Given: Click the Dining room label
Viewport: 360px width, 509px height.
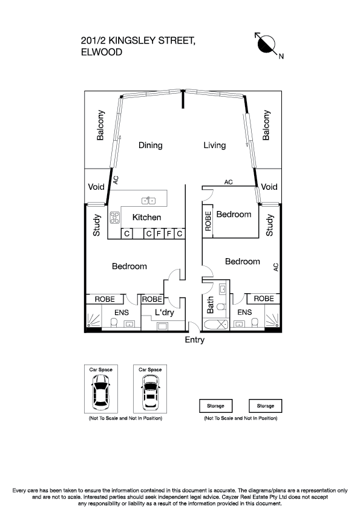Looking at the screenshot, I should coord(151,145).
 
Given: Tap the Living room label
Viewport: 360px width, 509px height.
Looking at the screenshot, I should coord(214,145).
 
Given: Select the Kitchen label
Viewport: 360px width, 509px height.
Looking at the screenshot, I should coord(147,217).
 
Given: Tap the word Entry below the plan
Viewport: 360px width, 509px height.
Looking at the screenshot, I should coord(194,340).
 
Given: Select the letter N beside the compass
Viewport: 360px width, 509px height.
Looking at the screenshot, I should coord(281,57).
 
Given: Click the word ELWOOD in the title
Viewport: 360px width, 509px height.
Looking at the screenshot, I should coord(101,53).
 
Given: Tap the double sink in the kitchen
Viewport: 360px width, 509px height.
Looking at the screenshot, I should coord(149,201).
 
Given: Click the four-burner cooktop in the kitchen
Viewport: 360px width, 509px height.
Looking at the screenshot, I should coord(114,217).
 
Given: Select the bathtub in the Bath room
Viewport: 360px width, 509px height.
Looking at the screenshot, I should coord(215,325).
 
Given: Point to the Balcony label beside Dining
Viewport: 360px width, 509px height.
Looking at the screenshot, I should coord(101,125).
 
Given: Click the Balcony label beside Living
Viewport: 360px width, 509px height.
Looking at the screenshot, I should coord(266,125).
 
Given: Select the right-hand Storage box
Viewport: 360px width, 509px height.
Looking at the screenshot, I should coord(265,406).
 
